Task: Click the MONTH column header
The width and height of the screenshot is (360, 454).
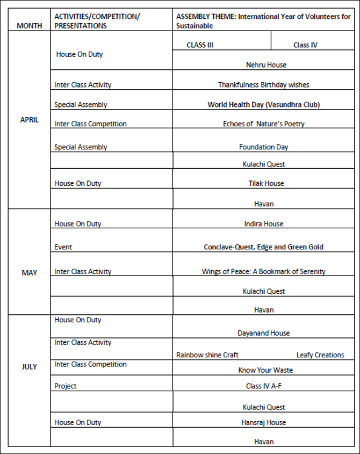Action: pos(30,26)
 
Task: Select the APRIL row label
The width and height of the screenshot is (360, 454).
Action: pos(30,120)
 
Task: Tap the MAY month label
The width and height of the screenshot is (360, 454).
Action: pos(30,272)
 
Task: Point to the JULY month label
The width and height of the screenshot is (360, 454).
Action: pos(30,366)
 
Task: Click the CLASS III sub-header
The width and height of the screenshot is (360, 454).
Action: pos(200,45)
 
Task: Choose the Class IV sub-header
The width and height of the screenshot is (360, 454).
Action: pos(305,45)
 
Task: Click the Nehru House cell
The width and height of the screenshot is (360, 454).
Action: pos(266,65)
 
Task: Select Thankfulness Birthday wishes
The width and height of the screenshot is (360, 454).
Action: pos(263,85)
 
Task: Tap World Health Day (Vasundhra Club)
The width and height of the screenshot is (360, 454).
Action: pos(263,105)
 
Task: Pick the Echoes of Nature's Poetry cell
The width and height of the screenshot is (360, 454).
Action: pos(263,124)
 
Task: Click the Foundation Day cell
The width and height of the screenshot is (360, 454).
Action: pos(263,147)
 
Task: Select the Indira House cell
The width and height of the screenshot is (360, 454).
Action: pos(263,224)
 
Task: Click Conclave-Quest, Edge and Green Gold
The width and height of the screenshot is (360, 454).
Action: pos(263,247)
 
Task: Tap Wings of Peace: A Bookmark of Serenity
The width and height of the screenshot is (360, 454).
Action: pos(263,272)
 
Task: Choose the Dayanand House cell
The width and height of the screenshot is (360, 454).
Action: pos(263,333)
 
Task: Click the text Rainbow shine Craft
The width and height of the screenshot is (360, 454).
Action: pos(207,355)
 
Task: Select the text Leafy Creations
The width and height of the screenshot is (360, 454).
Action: pos(320,355)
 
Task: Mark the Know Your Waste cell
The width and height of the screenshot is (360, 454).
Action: pos(265,370)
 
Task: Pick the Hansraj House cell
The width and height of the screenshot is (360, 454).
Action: pos(263,422)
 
